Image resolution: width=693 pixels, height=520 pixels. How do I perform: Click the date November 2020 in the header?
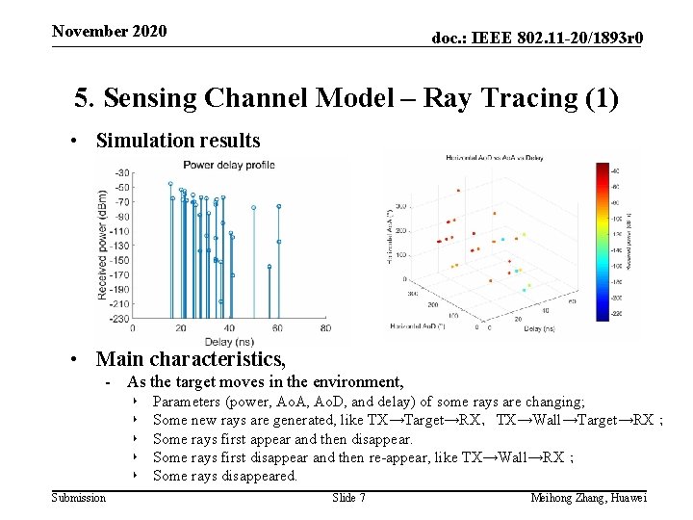[x=109, y=31]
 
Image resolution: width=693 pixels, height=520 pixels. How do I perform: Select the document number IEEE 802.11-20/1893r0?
[x=537, y=38]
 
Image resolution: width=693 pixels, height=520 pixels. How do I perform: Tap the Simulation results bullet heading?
[x=177, y=141]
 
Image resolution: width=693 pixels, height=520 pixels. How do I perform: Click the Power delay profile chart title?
[x=228, y=165]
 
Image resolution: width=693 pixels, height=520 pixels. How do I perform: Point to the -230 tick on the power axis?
[x=120, y=318]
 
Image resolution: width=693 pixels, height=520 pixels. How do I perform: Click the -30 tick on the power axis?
[x=122, y=173]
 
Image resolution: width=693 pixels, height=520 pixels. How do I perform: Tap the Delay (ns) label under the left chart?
[x=230, y=341]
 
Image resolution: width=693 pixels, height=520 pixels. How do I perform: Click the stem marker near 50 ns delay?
[x=254, y=207]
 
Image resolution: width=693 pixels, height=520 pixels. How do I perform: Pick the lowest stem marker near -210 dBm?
[x=220, y=301]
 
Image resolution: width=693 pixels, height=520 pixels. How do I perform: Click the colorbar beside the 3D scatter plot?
[x=602, y=240]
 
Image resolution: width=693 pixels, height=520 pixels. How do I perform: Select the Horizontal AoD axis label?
[x=417, y=326]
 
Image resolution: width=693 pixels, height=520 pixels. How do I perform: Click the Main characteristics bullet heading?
[x=191, y=359]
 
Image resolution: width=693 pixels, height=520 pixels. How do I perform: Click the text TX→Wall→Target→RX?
[x=575, y=420]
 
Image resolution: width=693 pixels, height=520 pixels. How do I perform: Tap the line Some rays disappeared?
[x=225, y=476]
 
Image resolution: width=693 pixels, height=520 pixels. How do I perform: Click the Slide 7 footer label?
[x=348, y=498]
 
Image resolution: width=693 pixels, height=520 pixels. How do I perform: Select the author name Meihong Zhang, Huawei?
[x=588, y=498]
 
